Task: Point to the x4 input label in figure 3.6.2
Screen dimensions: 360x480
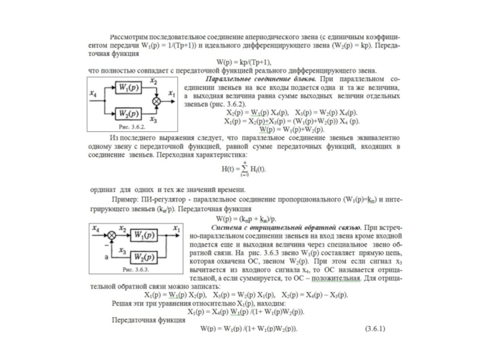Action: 92,93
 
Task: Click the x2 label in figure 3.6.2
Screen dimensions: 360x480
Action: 154,80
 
